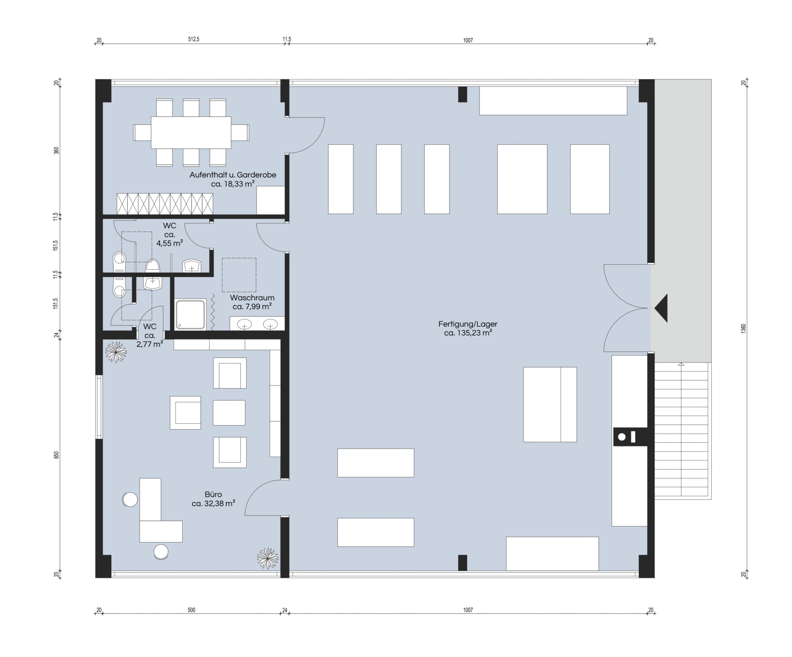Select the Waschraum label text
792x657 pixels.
[x=252, y=298]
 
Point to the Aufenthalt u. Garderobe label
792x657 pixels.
[x=233, y=175]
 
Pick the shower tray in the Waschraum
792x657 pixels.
[x=191, y=314]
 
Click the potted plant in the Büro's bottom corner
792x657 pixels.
[x=268, y=558]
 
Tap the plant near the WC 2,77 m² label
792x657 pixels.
[x=116, y=352]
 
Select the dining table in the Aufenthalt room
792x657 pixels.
[x=191, y=132]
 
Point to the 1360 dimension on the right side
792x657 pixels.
[x=743, y=328]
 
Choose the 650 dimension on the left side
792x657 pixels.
[x=57, y=455]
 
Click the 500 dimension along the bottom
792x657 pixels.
[x=191, y=610]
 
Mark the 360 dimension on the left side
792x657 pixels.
[x=57, y=150]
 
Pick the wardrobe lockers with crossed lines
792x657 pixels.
[x=165, y=204]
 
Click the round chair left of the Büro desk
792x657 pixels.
[x=130, y=500]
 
